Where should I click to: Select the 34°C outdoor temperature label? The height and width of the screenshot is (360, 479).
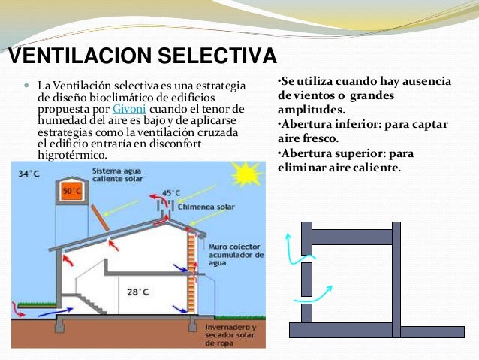pyautogui.click(x=29, y=174)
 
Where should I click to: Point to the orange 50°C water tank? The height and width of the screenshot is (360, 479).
pyautogui.click(x=72, y=190)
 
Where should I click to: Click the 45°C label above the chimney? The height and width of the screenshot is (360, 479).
pyautogui.click(x=172, y=193)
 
